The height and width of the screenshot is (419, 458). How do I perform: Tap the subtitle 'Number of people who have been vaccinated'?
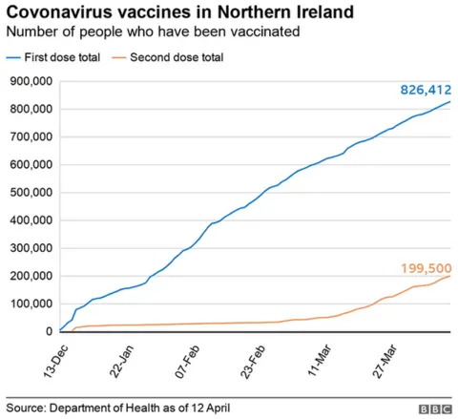coord(154,31)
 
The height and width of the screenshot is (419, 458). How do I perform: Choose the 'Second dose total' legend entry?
coord(186,57)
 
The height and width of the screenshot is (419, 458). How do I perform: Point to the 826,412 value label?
coord(424,90)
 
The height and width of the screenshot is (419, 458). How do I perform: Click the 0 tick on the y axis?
coord(48,332)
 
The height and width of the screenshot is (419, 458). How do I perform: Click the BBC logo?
coord(434,408)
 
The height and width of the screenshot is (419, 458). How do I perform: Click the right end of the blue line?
coord(450,102)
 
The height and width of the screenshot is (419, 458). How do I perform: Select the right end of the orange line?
coord(450,276)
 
